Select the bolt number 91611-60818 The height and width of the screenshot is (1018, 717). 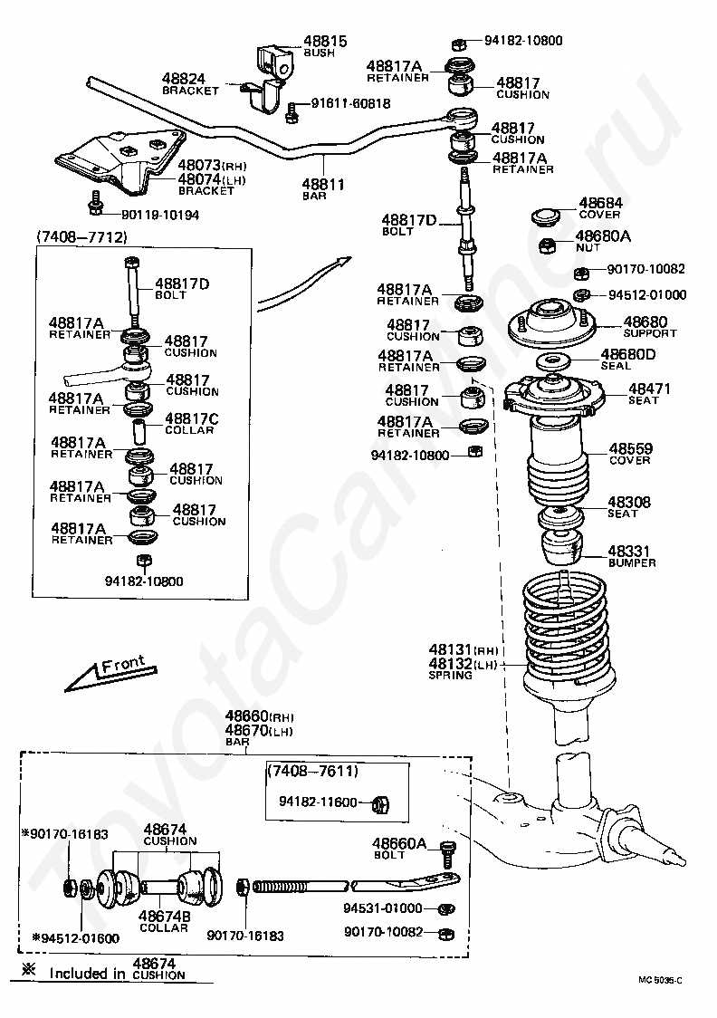(x=350, y=103)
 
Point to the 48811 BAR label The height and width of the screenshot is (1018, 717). (x=323, y=188)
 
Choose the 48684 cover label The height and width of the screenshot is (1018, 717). (x=599, y=207)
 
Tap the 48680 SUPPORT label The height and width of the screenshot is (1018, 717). (x=645, y=326)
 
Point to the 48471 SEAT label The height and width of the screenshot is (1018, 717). (x=650, y=393)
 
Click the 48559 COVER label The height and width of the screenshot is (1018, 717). (x=630, y=453)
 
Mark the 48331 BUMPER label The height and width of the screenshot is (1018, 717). (x=630, y=554)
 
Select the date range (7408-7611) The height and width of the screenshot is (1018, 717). (x=313, y=771)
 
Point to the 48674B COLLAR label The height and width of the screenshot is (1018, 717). (x=164, y=920)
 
